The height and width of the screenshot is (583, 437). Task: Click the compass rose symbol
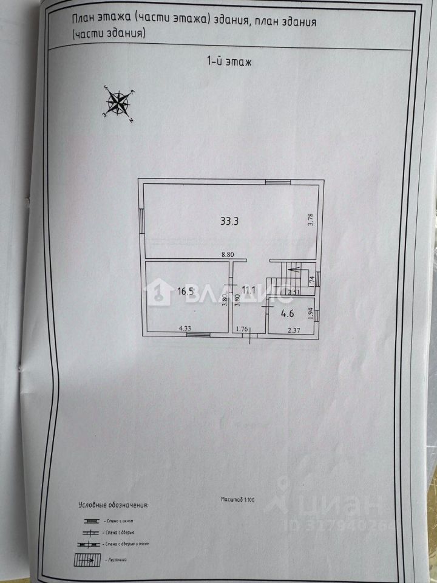coord(120,102)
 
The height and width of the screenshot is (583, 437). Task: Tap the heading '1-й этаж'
coord(225,61)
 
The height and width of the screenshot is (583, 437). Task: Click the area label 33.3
coord(229,221)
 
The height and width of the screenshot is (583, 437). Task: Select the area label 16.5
coord(185,291)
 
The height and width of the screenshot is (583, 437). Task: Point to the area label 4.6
coord(286,315)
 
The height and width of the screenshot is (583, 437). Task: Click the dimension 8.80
coord(227,255)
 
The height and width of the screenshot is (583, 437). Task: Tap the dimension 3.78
coord(310,217)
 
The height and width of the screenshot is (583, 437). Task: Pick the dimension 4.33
coord(185,329)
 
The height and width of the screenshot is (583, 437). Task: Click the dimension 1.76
coord(242,330)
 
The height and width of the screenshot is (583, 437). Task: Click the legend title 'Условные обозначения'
coord(113,505)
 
